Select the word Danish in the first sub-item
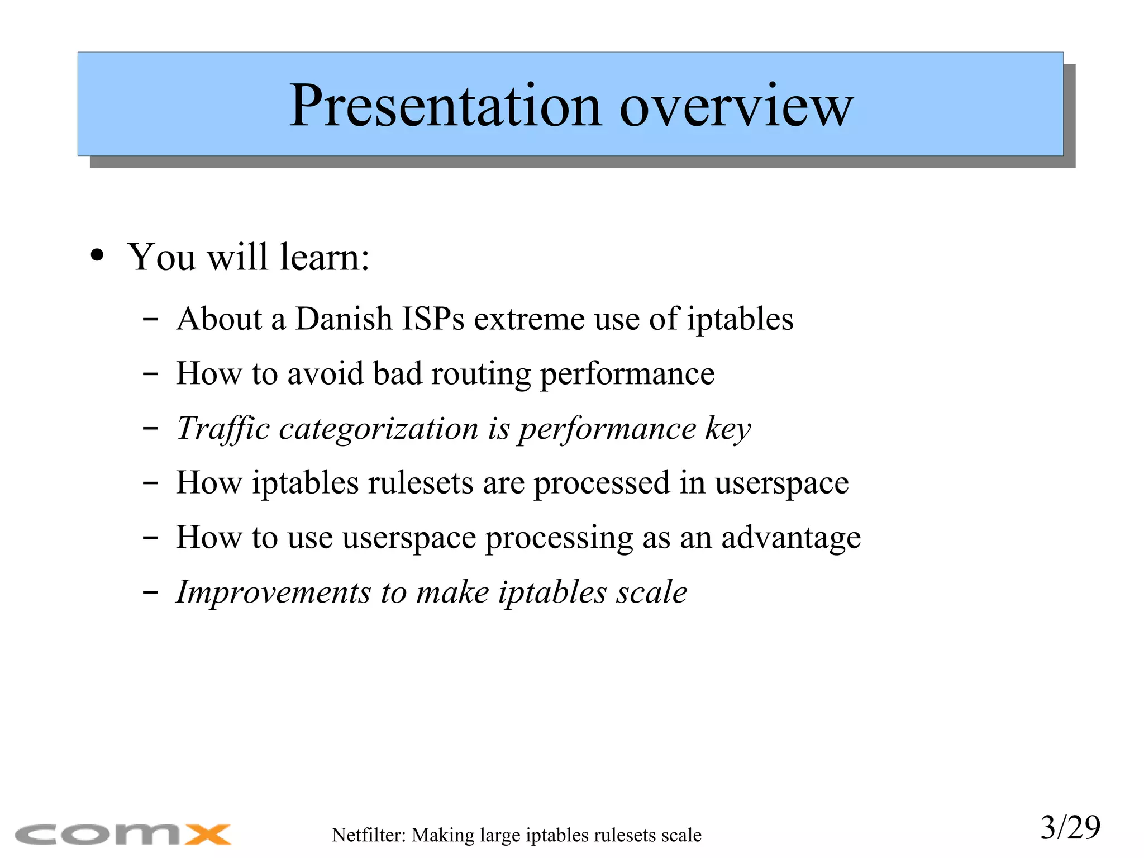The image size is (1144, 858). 344,319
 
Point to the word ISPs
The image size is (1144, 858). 433,319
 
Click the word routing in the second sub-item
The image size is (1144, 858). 480,374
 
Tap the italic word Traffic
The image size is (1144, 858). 223,429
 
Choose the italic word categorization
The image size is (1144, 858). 378,429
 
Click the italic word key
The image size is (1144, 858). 728,429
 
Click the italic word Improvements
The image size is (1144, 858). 273,592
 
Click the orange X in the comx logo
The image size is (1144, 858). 207,835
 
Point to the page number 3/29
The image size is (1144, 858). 1070,828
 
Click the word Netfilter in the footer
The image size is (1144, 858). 368,835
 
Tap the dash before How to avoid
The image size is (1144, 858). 150,374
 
